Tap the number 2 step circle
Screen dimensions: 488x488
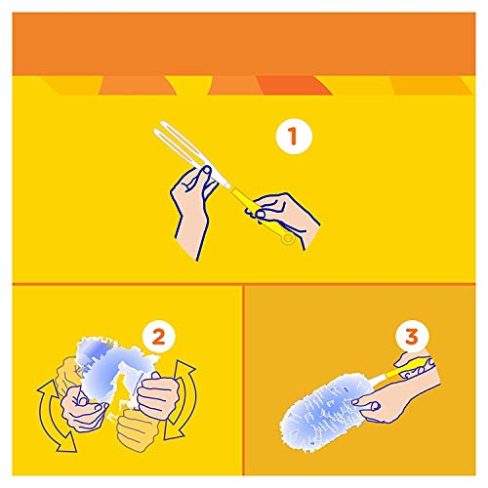point(158,338)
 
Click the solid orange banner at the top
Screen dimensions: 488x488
point(244,39)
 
